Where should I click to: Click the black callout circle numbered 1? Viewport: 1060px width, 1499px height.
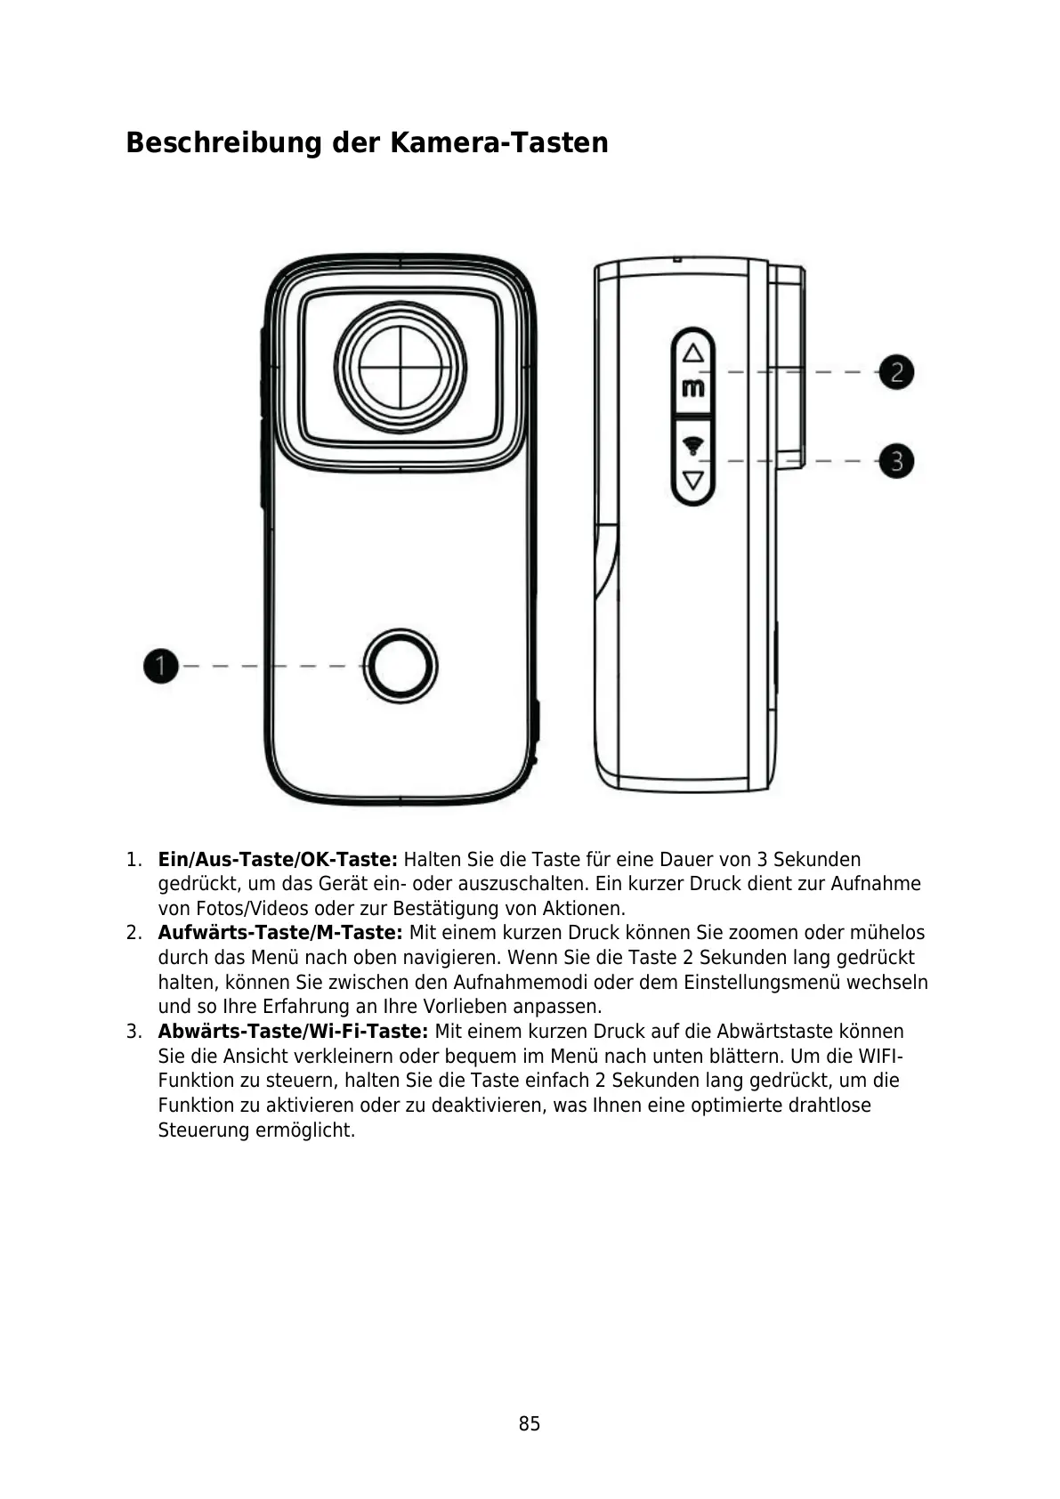coord(161,666)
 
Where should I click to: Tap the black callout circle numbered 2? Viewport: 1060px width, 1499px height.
coord(896,371)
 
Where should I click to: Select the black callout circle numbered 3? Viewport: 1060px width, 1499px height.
coord(896,461)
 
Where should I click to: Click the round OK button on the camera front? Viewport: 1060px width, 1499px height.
coord(401,666)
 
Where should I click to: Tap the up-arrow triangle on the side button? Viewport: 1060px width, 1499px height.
coord(692,352)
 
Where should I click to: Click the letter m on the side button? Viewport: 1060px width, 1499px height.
coord(692,388)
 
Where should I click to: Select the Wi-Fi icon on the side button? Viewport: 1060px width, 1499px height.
coord(692,445)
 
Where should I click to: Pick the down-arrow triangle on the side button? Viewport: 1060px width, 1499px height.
coord(692,481)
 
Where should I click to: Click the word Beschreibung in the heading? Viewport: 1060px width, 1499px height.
coord(223,142)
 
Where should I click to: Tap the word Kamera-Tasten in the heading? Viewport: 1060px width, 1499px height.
coord(498,142)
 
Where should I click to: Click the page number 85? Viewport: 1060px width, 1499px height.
coord(530,1423)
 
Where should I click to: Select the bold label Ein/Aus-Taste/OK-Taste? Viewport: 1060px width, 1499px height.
coord(278,860)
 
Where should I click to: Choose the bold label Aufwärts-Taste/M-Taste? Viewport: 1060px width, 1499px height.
coord(280,933)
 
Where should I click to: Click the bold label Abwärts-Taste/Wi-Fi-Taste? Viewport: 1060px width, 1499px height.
coord(293,1032)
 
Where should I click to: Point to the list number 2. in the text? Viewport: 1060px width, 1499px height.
coord(134,933)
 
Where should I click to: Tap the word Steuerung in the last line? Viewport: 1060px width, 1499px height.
coord(204,1130)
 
